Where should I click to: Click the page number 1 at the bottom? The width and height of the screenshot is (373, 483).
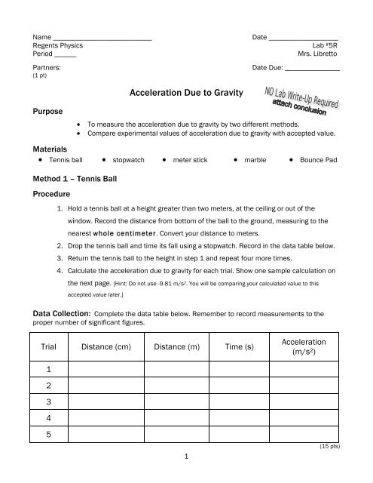186,476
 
